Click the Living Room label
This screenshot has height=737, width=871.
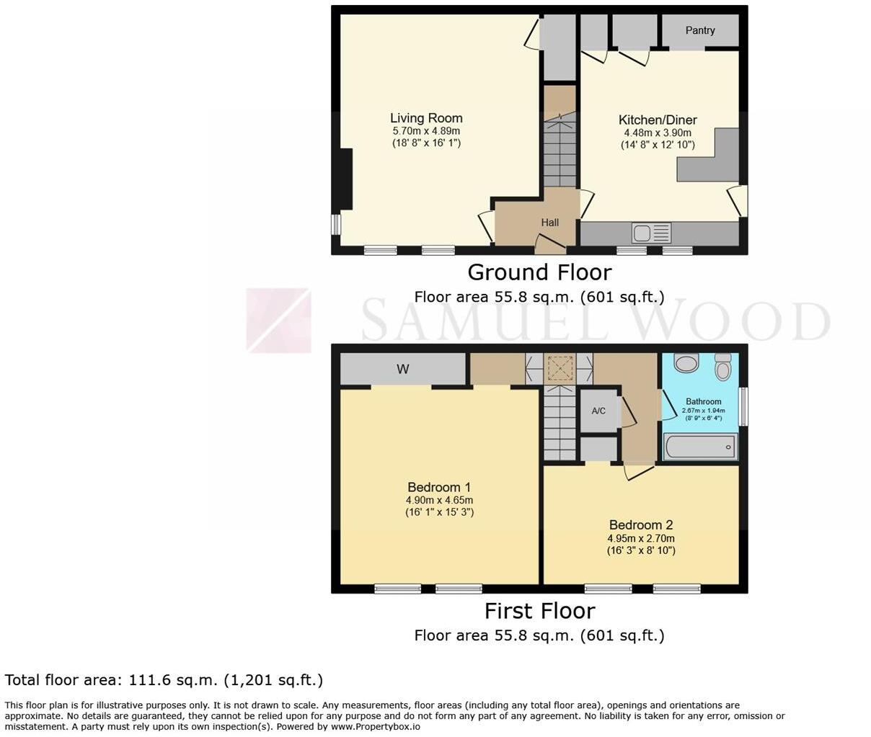[426, 118]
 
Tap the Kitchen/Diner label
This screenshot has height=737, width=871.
[658, 120]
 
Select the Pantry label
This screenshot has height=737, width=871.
[700, 30]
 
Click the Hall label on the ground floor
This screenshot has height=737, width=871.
[550, 223]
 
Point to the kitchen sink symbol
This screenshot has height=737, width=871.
[651, 233]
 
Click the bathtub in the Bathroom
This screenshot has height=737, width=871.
[700, 447]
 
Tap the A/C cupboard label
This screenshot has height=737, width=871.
[598, 411]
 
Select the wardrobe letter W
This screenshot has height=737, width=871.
[403, 370]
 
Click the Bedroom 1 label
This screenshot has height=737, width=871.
[439, 488]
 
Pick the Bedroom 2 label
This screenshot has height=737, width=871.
[641, 525]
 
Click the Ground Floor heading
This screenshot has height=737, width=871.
[539, 272]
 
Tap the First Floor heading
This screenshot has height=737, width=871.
[539, 611]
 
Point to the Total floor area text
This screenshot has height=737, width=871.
[164, 680]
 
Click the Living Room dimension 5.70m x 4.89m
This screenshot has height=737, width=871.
[426, 131]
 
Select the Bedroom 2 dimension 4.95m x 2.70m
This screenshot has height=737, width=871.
[641, 538]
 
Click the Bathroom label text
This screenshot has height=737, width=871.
[703, 402]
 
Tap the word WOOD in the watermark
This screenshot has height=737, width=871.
[728, 321]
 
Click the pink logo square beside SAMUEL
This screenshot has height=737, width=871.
[278, 321]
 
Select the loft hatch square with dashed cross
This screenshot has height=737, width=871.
[560, 369]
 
